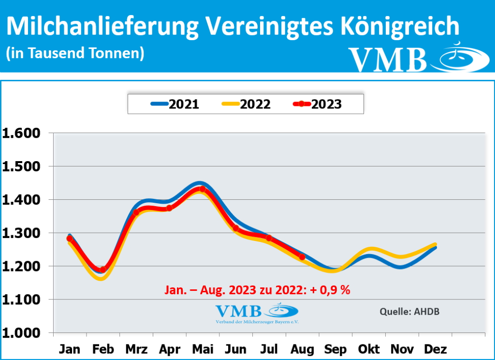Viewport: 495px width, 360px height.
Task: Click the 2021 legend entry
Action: (175, 104)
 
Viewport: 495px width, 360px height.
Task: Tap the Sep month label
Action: (335, 349)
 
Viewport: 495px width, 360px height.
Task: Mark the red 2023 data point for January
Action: (70, 239)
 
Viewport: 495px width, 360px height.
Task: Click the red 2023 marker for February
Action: (103, 270)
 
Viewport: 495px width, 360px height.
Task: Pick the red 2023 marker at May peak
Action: (203, 189)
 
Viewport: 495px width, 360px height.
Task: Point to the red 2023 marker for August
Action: (302, 257)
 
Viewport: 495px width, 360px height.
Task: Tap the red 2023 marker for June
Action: (236, 228)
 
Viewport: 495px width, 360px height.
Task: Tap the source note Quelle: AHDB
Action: (409, 311)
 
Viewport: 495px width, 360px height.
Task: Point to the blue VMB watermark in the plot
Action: (256, 313)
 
